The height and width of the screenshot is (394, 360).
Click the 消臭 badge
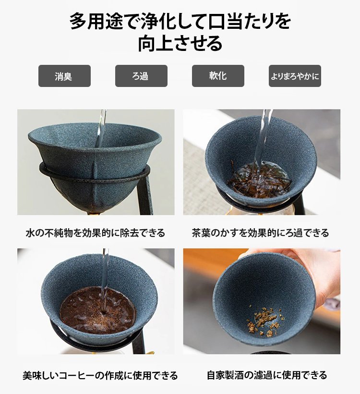coord(64,76)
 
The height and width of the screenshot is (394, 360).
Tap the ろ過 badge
coord(141,76)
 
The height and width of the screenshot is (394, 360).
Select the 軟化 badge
coord(218,76)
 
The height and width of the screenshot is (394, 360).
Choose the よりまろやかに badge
coord(295,76)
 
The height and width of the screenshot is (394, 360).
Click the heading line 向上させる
coord(180,43)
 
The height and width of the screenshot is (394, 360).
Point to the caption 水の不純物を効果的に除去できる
coord(96,233)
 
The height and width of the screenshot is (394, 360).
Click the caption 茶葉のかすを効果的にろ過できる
coord(261,233)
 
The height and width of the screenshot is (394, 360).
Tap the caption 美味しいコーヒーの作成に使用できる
coord(100,375)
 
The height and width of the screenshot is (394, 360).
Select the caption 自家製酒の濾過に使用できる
coord(267,375)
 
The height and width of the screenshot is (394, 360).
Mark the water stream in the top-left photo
coord(101,128)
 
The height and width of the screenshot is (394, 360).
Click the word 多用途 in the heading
coord(96,21)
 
